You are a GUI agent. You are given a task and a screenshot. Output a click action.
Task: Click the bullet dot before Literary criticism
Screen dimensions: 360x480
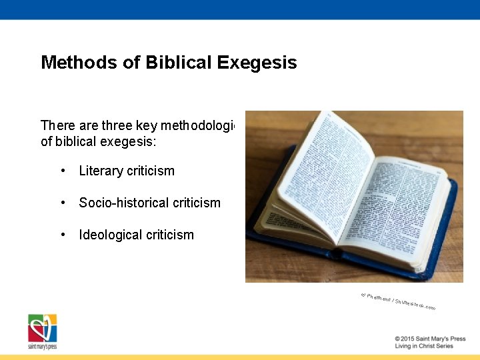(62, 171)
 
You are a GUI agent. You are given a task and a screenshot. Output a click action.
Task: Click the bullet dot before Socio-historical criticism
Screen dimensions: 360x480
(62, 203)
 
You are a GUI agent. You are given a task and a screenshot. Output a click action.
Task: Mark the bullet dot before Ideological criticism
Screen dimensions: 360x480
(62, 235)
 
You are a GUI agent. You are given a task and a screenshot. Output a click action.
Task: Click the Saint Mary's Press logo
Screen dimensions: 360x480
(42, 331)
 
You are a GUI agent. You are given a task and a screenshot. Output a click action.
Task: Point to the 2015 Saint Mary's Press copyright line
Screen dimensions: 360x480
(430, 339)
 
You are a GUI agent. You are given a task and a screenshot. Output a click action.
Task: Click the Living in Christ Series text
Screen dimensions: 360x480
(424, 346)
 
